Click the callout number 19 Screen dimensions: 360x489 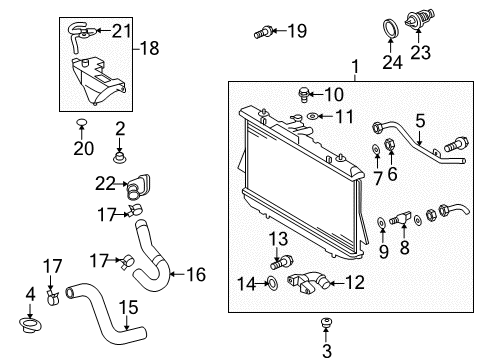297,32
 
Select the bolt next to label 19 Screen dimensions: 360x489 262,33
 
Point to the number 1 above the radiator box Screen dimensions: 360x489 352,68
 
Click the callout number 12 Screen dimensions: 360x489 354,283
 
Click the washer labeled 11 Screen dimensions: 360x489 312,118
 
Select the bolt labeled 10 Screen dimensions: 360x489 301,95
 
